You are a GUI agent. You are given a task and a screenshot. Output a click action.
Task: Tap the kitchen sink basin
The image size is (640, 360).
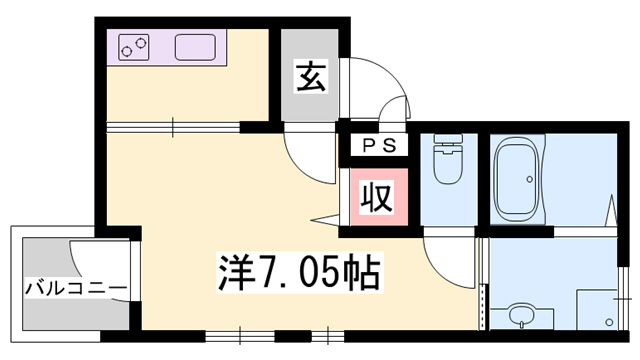click(x=196, y=47)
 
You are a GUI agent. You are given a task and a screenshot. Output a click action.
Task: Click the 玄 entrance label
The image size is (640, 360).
click(x=308, y=77)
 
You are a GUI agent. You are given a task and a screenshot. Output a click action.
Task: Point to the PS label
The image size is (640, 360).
click(x=378, y=145)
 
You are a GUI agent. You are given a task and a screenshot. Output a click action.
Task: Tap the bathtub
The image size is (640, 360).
click(x=518, y=178)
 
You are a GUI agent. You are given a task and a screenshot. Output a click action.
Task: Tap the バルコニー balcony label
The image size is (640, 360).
click(x=76, y=289)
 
